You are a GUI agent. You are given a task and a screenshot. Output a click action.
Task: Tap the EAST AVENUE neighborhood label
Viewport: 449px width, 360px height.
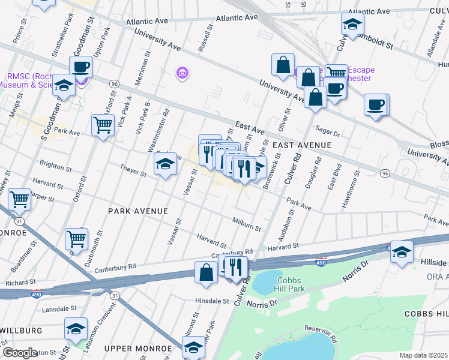pyautogui.click(x=301, y=146)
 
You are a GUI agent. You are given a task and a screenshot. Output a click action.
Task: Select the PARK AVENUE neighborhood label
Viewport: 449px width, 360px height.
pyautogui.click(x=137, y=211)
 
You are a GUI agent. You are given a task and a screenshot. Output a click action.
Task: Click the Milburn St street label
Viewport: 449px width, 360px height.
pyautogui.click(x=247, y=224)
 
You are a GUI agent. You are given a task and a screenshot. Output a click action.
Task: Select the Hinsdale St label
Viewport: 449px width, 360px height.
pyautogui.click(x=212, y=301)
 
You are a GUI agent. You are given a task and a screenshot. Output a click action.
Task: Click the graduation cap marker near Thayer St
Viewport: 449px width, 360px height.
pyautogui.click(x=165, y=164)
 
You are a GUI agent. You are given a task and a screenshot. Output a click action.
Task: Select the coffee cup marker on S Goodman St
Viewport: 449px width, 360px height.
pyautogui.click(x=80, y=67)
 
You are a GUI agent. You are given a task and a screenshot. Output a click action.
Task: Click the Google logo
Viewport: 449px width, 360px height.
pyautogui.click(x=20, y=353)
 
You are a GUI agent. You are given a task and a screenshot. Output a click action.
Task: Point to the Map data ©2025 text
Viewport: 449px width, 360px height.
pyautogui.click(x=423, y=355)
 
